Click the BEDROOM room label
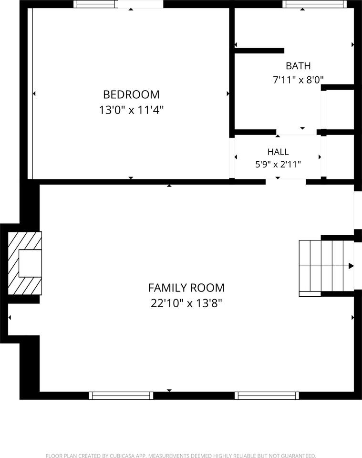[x=131, y=94]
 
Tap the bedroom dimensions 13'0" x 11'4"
[x=131, y=110]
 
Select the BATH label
[x=298, y=66]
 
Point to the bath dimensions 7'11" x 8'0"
[x=298, y=80]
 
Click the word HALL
[x=278, y=152]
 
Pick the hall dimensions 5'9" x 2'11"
[x=278, y=165]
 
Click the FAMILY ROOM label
[x=186, y=288]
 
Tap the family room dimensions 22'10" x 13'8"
[x=186, y=303]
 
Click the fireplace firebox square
[x=30, y=263]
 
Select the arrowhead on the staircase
[x=351, y=266]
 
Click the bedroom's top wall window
[x=95, y=4]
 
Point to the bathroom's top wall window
[x=314, y=4]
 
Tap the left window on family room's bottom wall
[x=121, y=396]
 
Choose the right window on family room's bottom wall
[x=267, y=396]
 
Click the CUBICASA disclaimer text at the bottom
[x=181, y=455]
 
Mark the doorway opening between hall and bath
[x=296, y=132]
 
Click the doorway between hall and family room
[x=286, y=182]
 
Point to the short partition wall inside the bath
[x=259, y=51]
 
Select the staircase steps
[x=326, y=266]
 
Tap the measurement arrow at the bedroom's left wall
[x=34, y=94]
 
